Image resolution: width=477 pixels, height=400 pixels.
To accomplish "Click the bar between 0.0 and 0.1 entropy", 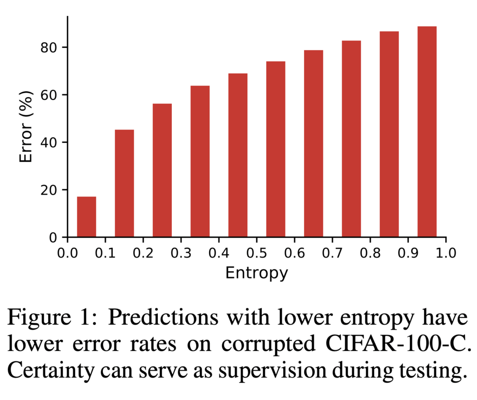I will click(87, 217).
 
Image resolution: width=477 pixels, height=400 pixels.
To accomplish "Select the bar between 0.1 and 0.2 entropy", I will click(124, 183).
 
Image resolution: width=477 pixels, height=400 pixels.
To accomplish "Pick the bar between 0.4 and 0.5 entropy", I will click(238, 156).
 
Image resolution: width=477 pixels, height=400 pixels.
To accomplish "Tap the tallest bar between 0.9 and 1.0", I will click(427, 132).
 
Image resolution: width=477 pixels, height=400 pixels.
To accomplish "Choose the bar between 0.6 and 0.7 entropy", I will click(313, 144).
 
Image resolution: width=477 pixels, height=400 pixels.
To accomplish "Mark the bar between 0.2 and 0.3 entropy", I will click(162, 170).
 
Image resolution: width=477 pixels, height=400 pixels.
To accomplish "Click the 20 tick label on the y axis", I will click(49, 190).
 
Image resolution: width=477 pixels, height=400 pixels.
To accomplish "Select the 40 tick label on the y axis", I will click(49, 142).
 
